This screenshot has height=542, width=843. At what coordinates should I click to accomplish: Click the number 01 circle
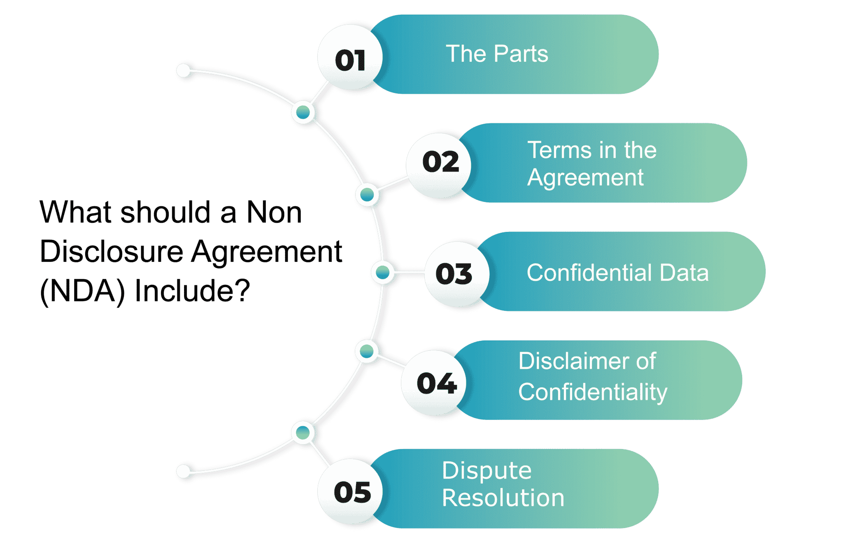(350, 57)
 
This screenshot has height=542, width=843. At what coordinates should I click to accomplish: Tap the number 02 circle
(439, 166)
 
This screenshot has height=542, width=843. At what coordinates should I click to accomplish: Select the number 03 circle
(457, 274)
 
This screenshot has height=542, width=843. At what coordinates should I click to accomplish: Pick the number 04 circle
(434, 383)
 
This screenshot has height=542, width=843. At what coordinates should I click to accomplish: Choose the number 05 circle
(350, 491)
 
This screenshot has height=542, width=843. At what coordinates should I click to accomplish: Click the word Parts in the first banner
(521, 54)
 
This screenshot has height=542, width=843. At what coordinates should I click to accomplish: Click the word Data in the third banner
(684, 273)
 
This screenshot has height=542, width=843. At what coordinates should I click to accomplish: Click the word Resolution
(503, 498)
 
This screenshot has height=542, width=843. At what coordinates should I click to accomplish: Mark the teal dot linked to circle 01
(303, 112)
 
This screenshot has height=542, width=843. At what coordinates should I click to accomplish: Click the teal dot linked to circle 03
(383, 272)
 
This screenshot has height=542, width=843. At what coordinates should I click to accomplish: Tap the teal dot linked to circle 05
(303, 433)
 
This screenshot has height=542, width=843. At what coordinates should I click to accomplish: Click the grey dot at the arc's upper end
(183, 70)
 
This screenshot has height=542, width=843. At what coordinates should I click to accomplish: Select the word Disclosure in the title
(112, 251)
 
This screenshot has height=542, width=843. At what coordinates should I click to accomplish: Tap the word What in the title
(76, 212)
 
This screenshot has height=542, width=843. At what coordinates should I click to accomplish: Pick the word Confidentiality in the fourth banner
(593, 392)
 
